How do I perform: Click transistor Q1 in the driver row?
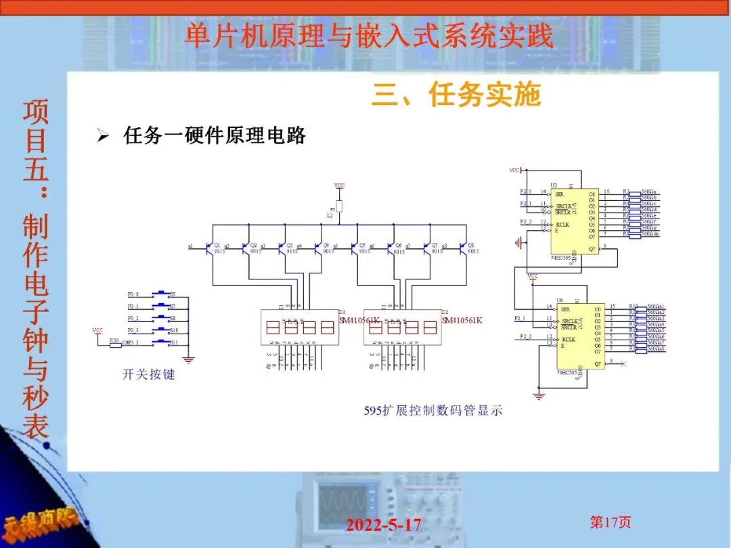209,248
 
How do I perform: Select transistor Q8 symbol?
464,248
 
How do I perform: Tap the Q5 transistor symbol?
355,248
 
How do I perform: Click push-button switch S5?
162,294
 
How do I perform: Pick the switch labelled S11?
162,342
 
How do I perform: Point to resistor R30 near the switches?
115,344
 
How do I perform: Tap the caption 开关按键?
148,373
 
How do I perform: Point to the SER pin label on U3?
559,194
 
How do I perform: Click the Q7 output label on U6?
598,364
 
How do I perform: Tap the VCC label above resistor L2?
339,185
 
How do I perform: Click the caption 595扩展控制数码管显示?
433,410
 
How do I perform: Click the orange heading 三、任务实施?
456,95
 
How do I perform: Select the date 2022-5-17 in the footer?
383,524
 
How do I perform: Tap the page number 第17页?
611,522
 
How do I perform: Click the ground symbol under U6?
539,394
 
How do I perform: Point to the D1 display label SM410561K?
359,320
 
